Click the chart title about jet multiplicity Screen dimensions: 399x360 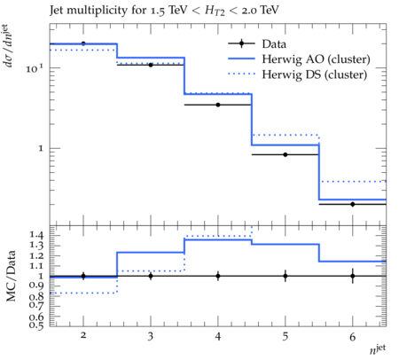164,11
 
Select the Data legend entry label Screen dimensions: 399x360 274,44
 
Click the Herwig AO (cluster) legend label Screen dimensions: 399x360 316,59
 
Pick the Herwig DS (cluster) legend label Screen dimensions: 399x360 315,74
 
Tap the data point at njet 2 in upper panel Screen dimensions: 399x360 83,43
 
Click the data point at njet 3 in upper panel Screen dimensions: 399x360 151,65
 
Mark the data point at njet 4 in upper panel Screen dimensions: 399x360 218,105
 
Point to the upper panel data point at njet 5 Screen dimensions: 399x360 286,154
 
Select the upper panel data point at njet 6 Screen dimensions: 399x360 353,204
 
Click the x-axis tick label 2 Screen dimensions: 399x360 83,335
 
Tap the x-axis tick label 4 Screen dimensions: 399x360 218,336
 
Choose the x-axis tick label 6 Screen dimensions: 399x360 352,337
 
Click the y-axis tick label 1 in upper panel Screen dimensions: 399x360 41,148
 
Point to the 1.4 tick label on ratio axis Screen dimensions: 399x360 36,235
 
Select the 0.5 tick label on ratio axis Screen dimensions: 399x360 36,325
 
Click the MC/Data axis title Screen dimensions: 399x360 12,276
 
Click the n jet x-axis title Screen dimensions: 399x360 378,348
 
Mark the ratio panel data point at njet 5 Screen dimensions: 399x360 286,276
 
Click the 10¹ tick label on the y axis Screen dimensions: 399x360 35,68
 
